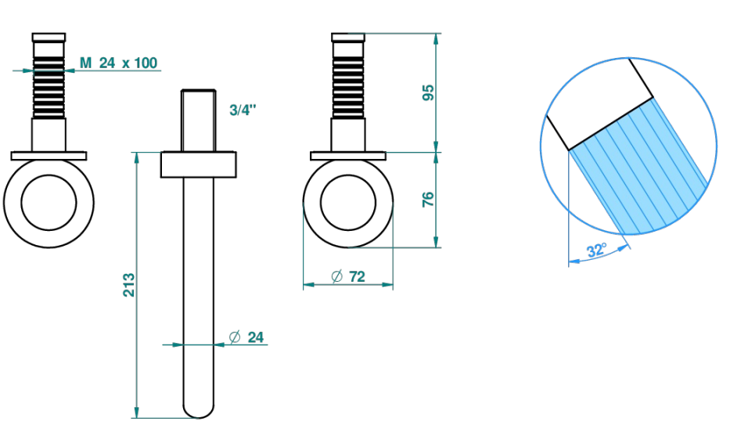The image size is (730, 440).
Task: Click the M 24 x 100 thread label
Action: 118,63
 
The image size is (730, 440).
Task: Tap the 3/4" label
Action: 243,110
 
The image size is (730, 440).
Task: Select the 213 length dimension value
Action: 129,285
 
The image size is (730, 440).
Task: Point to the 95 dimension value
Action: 428,92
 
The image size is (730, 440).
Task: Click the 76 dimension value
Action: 428,200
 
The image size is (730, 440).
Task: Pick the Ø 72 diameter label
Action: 348,276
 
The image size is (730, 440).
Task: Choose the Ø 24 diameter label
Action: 246,337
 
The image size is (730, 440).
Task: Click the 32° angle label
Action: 597,250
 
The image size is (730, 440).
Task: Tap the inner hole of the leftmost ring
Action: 49,202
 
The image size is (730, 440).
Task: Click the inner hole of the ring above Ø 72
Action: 347,202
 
